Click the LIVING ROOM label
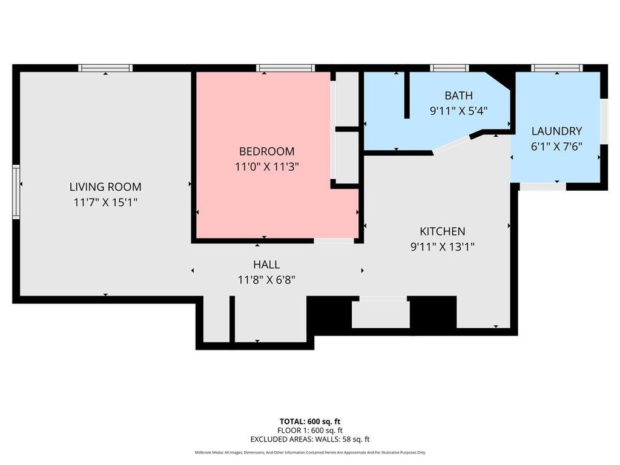105,186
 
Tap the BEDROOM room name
267,151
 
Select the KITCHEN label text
443,231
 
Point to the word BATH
459,95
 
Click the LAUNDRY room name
557,131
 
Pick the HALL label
266,264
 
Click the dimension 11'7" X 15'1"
105,202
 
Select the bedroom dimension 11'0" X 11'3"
267,167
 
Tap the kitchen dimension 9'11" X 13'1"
443,247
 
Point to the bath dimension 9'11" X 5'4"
459,111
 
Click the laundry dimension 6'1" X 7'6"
557,147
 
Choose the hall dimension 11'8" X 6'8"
266,280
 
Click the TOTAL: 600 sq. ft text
310,421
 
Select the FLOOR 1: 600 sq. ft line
310,430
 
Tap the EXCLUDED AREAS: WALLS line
310,440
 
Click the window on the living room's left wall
16,192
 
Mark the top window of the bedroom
286,68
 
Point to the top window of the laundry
557,68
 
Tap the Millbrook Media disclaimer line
310,452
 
